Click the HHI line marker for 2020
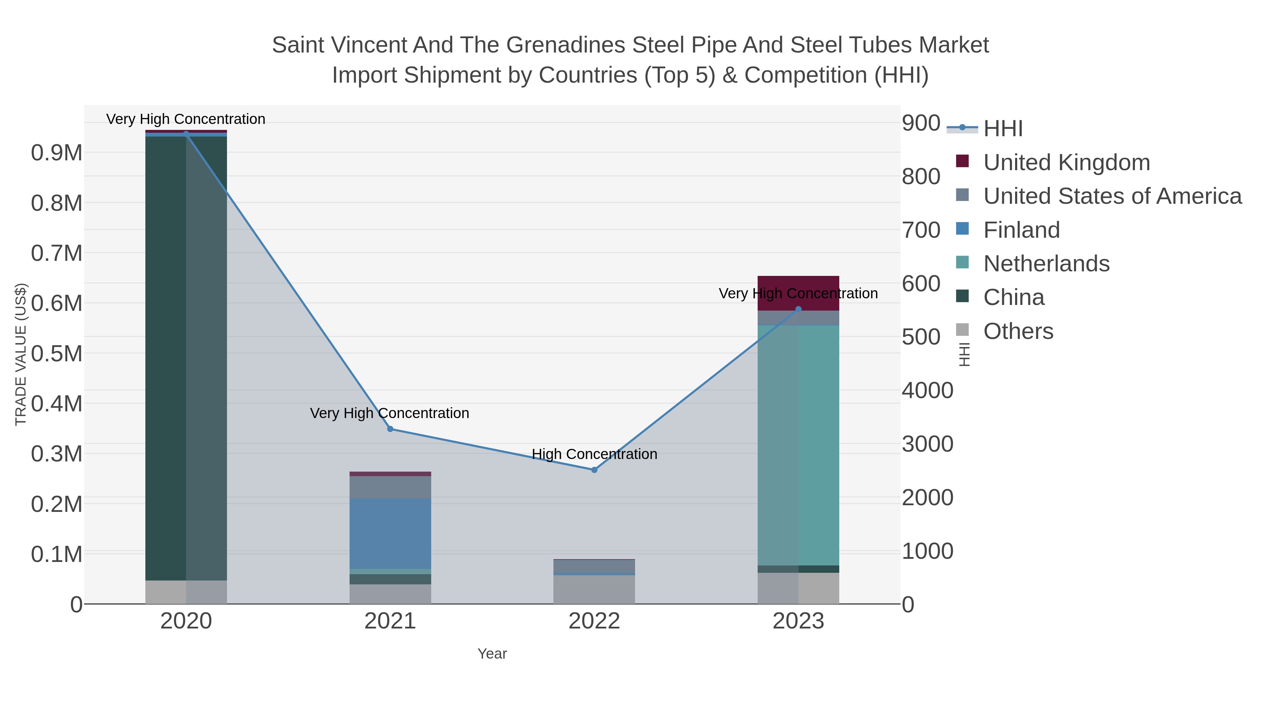186,134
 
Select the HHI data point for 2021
390,429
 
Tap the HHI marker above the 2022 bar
594,470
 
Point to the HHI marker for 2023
798,309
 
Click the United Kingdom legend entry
1066,162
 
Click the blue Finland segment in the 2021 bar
390,533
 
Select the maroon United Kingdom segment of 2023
798,293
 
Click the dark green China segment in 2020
165,357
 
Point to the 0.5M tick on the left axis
56,354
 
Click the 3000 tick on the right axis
927,444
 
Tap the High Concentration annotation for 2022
594,454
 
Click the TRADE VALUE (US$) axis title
21,354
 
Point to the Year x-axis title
492,654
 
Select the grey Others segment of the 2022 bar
594,590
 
